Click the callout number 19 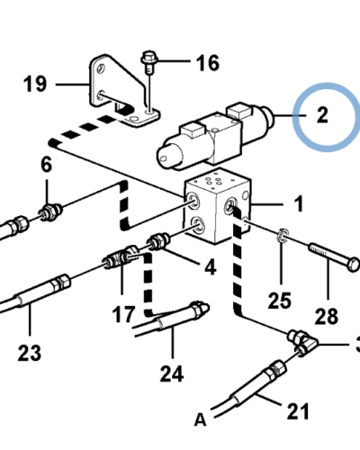pyautogui.click(x=35, y=85)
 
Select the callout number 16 pyautogui.click(x=207, y=63)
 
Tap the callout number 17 pyautogui.click(x=124, y=315)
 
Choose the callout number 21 pyautogui.click(x=297, y=411)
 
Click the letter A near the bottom pyautogui.click(x=200, y=419)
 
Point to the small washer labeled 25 pyautogui.click(x=280, y=237)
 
